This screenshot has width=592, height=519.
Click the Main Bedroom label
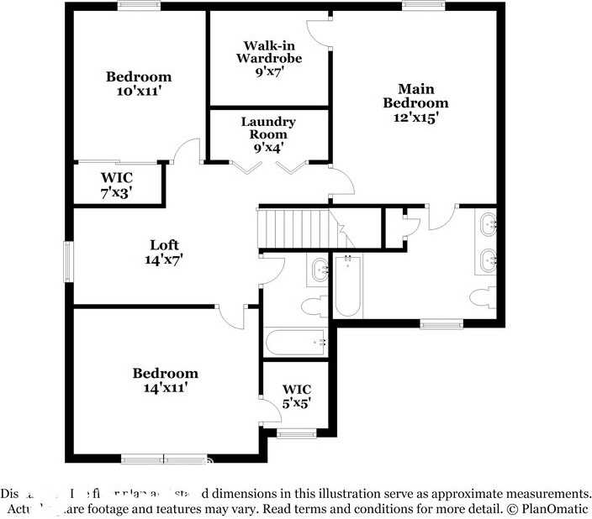click(415, 102)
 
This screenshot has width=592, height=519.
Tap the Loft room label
click(163, 252)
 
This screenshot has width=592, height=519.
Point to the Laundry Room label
click(268, 134)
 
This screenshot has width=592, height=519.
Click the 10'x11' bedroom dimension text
click(139, 91)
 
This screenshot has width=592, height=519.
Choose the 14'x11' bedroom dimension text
click(165, 387)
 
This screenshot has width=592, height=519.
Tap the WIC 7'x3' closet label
click(117, 184)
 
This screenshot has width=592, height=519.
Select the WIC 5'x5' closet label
click(297, 396)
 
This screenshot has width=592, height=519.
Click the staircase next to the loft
click(294, 228)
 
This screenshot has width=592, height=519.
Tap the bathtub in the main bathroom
click(347, 287)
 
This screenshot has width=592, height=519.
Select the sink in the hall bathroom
click(320, 270)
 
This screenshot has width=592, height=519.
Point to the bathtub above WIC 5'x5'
click(294, 343)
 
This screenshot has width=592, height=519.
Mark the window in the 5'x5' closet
click(297, 433)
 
